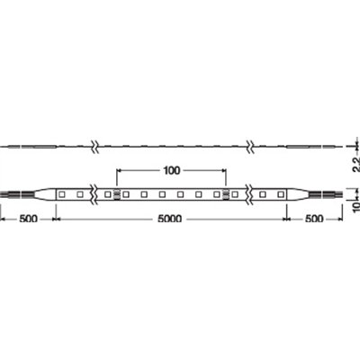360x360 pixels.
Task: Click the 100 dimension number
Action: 173,169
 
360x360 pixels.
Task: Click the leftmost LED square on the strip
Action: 63,193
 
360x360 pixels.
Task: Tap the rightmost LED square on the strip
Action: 281,193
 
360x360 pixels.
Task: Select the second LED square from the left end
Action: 80,193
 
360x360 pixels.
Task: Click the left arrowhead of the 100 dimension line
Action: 120,169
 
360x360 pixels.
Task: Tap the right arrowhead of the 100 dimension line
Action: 225,169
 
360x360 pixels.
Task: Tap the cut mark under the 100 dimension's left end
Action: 117,193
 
